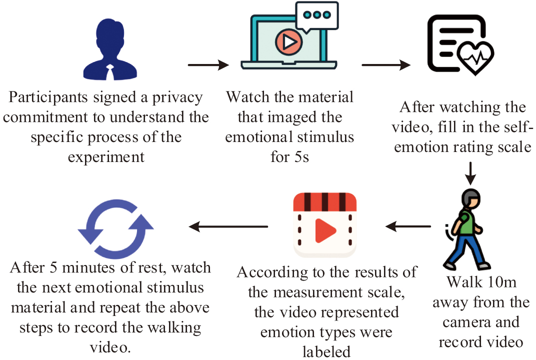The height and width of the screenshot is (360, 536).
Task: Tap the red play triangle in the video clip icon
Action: tap(325, 229)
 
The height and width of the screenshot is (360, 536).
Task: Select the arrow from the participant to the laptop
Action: tap(208, 65)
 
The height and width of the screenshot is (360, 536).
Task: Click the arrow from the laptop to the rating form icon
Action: tap(385, 65)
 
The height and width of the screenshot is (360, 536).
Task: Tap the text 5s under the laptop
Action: tap(298, 157)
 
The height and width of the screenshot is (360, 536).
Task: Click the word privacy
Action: tap(178, 97)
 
